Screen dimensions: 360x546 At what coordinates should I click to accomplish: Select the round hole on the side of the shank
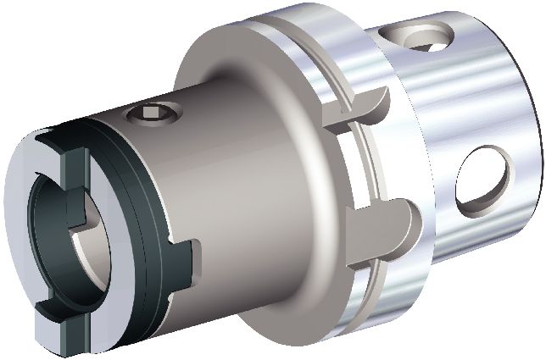(484, 180)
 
